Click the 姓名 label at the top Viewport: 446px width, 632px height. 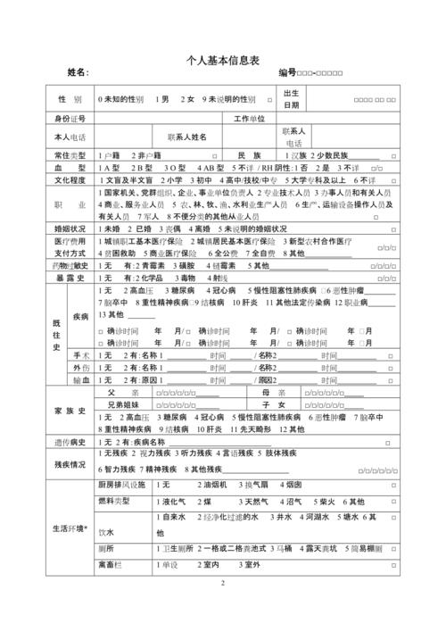click(78, 71)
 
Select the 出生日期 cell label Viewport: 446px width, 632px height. click(292, 99)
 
